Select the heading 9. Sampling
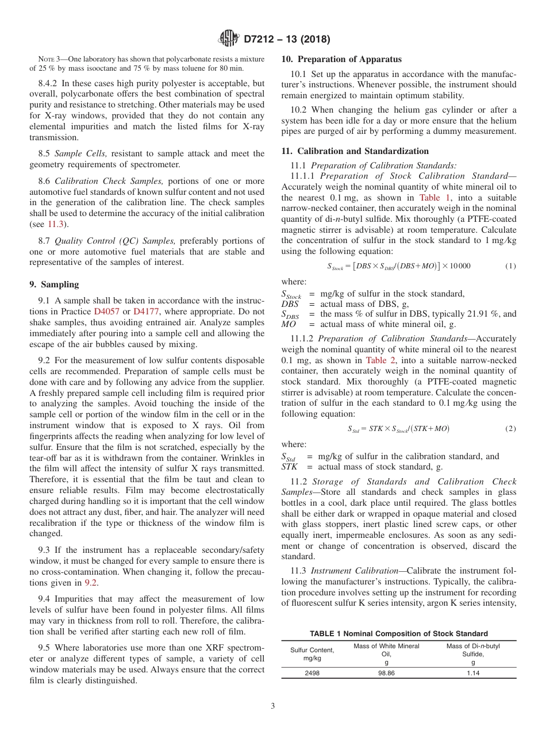click(55, 284)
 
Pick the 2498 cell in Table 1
click(312, 673)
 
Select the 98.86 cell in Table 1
click(386, 673)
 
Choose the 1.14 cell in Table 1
click(473, 673)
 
